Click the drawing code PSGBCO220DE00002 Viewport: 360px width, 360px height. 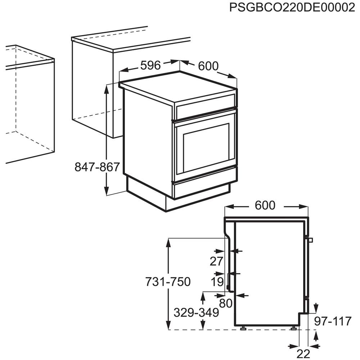pyautogui.click(x=292, y=8)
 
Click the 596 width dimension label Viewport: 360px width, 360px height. pyautogui.click(x=150, y=65)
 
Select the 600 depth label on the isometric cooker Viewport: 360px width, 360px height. pyautogui.click(x=208, y=66)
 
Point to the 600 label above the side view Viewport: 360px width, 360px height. pyautogui.click(x=265, y=205)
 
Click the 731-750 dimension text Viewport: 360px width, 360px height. pyautogui.click(x=168, y=282)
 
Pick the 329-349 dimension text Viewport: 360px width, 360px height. pyautogui.click(x=196, y=313)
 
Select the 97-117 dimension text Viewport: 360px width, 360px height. pyautogui.click(x=332, y=321)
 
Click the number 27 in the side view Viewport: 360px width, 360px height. pyautogui.click(x=217, y=262)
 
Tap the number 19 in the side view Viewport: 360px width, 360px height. pyautogui.click(x=217, y=282)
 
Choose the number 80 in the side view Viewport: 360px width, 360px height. pyautogui.click(x=226, y=303)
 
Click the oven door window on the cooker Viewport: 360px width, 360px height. pyautogui.click(x=206, y=147)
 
